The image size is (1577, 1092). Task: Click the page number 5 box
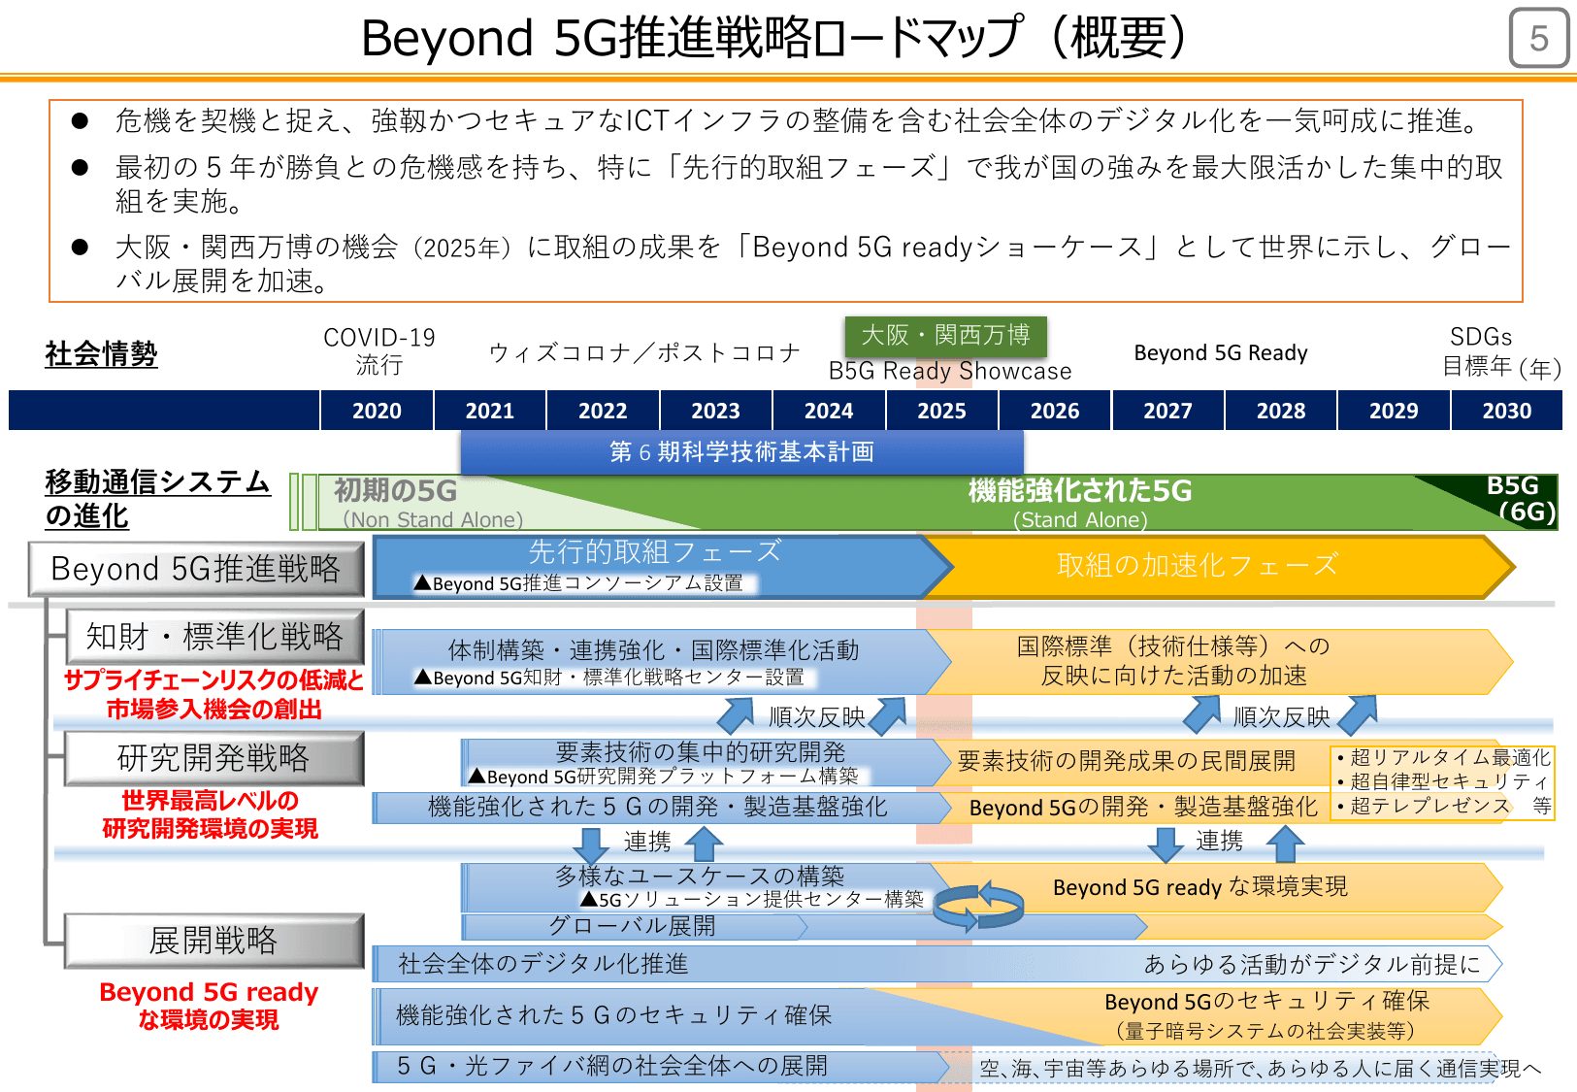pos(1538,39)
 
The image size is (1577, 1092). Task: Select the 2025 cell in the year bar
pos(941,411)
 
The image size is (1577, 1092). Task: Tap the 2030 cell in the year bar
pos(1506,411)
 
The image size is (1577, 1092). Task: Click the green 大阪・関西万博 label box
pos(945,336)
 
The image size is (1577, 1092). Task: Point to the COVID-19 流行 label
pos(378,350)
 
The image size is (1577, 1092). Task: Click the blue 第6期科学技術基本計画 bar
pos(741,452)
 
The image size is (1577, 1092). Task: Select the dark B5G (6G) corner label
pos(1518,498)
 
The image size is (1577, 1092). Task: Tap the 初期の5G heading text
pos(395,490)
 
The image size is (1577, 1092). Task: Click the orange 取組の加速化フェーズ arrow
pos(1198,565)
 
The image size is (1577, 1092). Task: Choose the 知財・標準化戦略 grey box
pos(214,637)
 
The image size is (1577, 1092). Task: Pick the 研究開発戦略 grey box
pos(214,758)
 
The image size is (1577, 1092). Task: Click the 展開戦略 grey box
pos(214,940)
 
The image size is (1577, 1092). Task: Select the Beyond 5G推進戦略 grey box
pos(196,569)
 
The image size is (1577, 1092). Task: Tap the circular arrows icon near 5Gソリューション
pos(978,905)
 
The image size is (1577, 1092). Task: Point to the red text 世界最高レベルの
pos(210,801)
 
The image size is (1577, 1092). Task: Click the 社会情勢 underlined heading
pos(101,353)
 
